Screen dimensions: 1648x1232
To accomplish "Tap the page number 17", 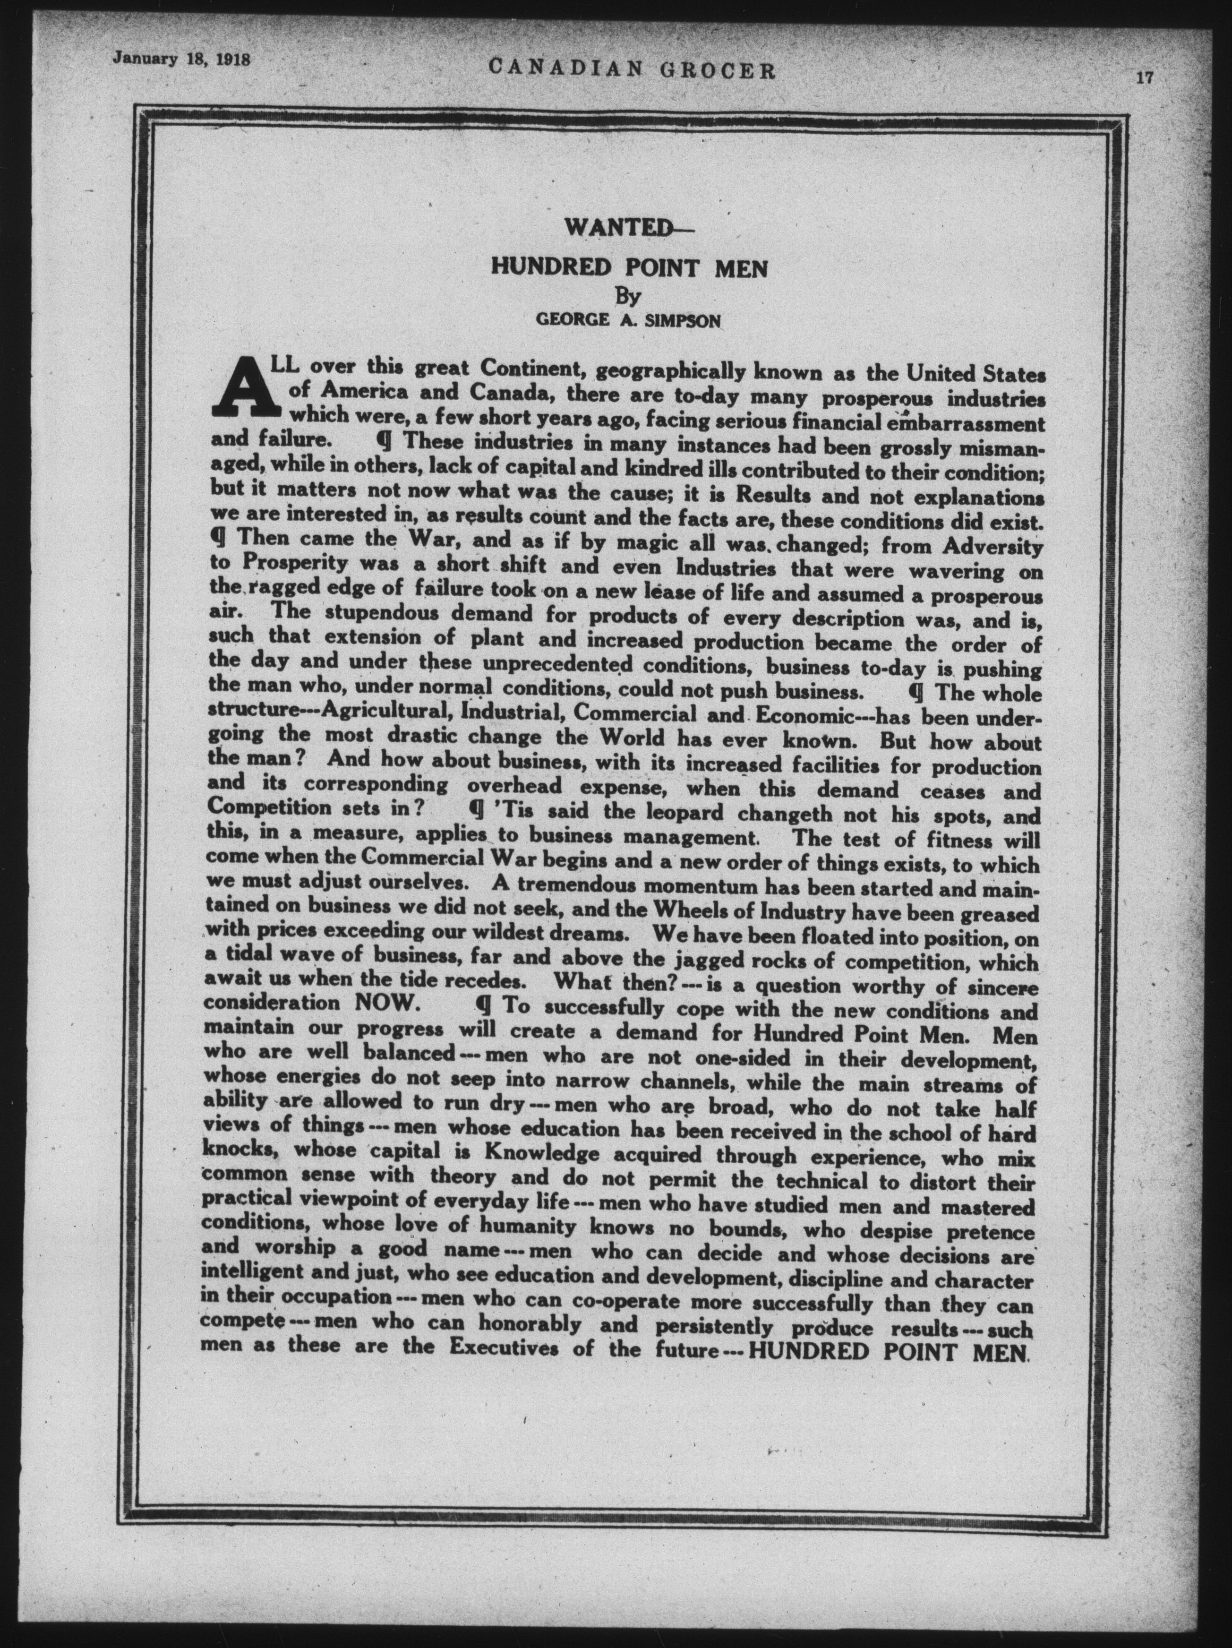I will pos(1144,77).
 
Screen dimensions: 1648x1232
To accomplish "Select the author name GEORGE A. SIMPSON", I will pos(628,321).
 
